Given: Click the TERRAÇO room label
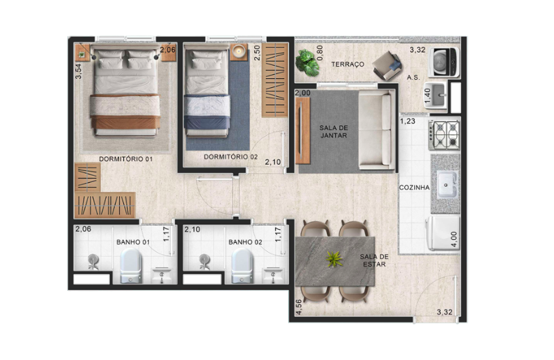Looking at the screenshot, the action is tap(348, 64).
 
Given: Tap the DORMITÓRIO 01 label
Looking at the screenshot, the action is tap(126, 159).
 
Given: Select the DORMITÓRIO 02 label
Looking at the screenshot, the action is tap(231, 157).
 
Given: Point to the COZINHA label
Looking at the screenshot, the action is tap(414, 188).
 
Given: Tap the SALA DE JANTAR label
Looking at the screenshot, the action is tap(334, 132).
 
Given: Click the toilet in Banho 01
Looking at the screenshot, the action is tap(131, 266).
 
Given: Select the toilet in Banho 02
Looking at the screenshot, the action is tap(242, 266).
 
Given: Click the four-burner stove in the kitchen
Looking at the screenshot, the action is tap(445, 135).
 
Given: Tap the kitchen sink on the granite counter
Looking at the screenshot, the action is tap(447, 184).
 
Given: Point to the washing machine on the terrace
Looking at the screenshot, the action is tap(444, 62).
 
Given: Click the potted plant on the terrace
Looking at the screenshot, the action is tap(307, 63).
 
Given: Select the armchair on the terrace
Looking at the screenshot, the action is tap(387, 66).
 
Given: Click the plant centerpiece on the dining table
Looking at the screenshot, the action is tap(334, 260).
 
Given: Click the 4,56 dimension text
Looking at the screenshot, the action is tap(299, 307).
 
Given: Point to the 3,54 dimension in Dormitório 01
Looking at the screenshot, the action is tap(78, 71).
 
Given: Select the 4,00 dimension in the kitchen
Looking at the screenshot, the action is tap(454, 239).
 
